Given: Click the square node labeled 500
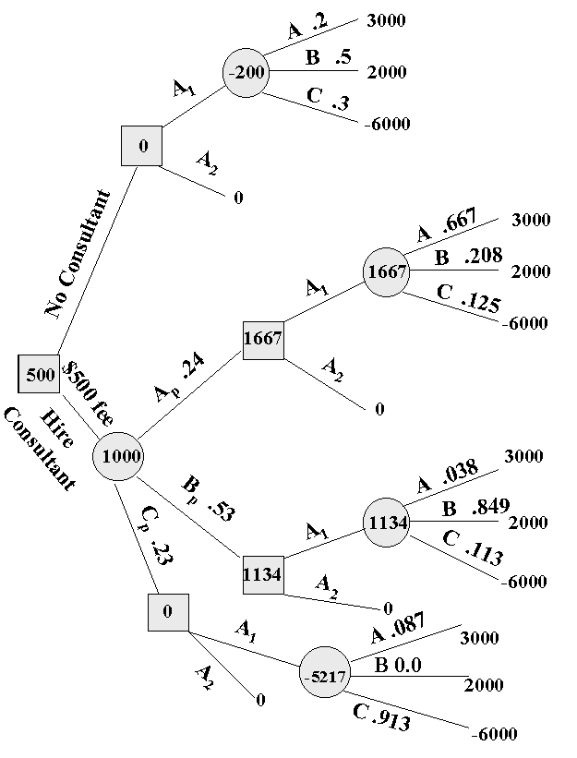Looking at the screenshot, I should pyautogui.click(x=40, y=374).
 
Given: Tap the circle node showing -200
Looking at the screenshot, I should pyautogui.click(x=246, y=72).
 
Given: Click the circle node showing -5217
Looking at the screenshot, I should pyautogui.click(x=324, y=677).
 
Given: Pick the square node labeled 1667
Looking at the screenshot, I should pyautogui.click(x=263, y=340).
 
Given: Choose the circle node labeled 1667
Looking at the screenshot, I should pyautogui.click(x=385, y=272).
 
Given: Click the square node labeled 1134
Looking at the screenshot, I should pyautogui.click(x=262, y=575).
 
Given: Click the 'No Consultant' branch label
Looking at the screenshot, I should pyautogui.click(x=78, y=254).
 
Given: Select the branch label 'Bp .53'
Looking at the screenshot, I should pyautogui.click(x=208, y=499).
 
